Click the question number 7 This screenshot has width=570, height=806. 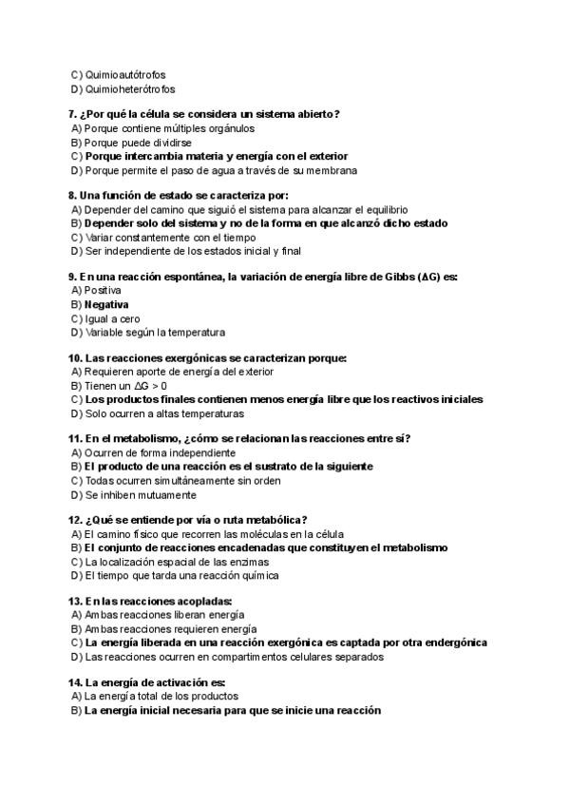(72, 114)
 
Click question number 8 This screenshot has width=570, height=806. (72, 196)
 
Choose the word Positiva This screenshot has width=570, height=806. (103, 290)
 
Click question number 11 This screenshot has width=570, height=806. (75, 439)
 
